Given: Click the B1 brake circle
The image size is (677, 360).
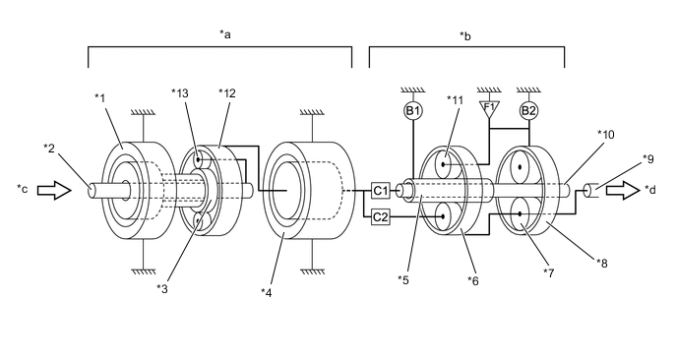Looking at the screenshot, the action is (x=413, y=111).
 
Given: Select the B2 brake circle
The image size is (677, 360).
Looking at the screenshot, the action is (x=528, y=111).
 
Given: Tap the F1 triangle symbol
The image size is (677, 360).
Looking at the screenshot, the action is (x=489, y=109).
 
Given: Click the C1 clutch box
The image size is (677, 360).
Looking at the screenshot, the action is (x=381, y=191).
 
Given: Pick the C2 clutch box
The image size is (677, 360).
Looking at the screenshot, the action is (x=381, y=217).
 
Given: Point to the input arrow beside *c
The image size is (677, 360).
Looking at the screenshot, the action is (x=54, y=191).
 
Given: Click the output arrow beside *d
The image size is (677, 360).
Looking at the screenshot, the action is (x=623, y=191).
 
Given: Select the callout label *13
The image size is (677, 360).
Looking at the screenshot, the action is (x=180, y=93).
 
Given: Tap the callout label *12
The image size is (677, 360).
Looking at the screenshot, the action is (x=227, y=93).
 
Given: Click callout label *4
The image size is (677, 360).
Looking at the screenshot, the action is (x=267, y=293).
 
